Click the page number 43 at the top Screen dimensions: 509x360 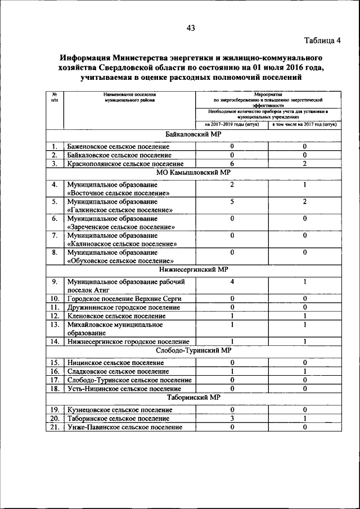(190, 29)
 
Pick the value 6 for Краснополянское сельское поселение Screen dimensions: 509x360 (232, 164)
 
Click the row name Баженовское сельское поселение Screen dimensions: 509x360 (118, 146)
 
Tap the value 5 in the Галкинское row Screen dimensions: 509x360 (232, 201)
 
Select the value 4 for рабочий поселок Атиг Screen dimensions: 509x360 (232, 281)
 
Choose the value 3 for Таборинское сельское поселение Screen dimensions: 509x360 (232, 418)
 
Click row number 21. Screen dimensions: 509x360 (55, 427)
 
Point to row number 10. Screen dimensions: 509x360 (55, 298)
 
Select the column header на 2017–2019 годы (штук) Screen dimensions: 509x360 (232, 124)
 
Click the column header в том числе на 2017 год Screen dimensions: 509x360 (304, 124)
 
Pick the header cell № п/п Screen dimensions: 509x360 (54, 97)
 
